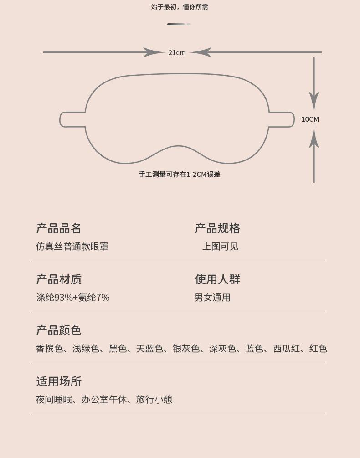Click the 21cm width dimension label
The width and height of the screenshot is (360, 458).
point(177,53)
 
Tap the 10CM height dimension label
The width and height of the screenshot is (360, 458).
point(310,119)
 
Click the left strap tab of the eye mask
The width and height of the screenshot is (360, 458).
point(72,119)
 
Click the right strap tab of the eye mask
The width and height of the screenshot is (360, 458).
point(282,119)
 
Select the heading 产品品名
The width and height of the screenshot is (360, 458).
point(59,228)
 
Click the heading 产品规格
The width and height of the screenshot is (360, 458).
point(217,228)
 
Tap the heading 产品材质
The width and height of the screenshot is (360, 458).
point(59,279)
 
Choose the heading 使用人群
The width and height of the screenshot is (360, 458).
point(217,279)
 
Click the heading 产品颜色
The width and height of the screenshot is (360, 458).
point(59,330)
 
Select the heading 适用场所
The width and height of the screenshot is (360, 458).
point(59,381)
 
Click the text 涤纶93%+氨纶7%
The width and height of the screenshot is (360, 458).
point(73,298)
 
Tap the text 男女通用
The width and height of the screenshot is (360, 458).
point(212,298)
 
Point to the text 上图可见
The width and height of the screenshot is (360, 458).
point(220,247)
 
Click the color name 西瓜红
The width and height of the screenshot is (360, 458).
point(286,349)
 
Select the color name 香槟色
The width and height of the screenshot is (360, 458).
point(49,349)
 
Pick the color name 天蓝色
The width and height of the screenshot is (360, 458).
point(149,349)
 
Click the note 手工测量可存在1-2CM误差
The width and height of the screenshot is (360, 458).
point(180,175)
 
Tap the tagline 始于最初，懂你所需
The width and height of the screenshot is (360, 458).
point(180,7)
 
